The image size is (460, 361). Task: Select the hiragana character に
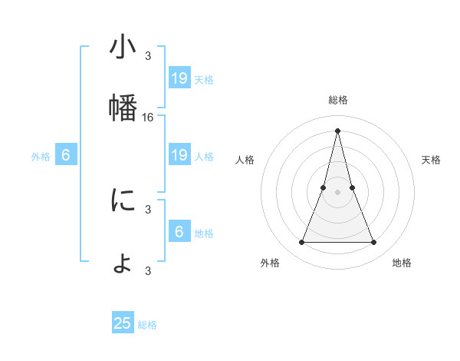(x=123, y=200)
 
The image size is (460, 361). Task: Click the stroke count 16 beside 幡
(x=148, y=118)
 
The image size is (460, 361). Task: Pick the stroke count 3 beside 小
(x=148, y=55)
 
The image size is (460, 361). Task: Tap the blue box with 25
(x=123, y=323)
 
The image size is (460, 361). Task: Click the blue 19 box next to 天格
(x=179, y=78)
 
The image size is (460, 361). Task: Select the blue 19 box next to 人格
(x=179, y=155)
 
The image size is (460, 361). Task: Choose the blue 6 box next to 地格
(x=179, y=232)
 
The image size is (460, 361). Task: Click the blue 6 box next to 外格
(x=66, y=155)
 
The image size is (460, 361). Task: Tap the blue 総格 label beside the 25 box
(x=147, y=325)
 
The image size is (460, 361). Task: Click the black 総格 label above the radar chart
(x=337, y=100)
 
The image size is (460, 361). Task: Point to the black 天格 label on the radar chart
(x=432, y=160)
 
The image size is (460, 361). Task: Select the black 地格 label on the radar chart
(x=402, y=263)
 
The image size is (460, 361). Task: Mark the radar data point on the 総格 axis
(x=337, y=131)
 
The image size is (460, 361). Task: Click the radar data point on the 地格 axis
(x=374, y=243)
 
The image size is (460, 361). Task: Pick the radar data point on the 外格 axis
(x=301, y=243)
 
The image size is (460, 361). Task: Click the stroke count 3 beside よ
(x=148, y=270)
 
